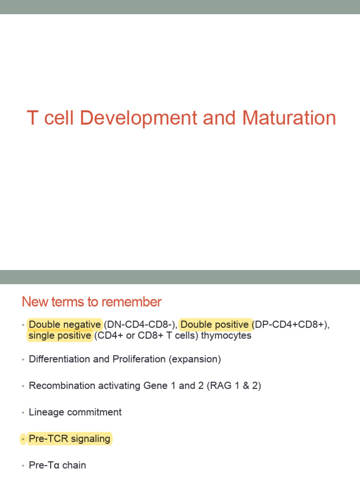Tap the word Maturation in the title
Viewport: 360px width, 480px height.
pyautogui.click(x=289, y=118)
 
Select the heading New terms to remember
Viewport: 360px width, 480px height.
pyautogui.click(x=92, y=302)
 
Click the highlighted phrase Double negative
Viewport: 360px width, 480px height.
pyautogui.click(x=65, y=324)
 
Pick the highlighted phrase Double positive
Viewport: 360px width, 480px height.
pyautogui.click(x=215, y=324)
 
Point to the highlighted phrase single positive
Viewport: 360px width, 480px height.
pyautogui.click(x=60, y=336)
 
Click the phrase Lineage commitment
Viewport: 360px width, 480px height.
pyautogui.click(x=75, y=412)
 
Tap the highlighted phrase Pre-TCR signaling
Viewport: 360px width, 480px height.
pyautogui.click(x=69, y=439)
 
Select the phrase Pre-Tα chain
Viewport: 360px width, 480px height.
pyautogui.click(x=57, y=465)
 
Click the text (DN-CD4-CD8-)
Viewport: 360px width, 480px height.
pyautogui.click(x=140, y=324)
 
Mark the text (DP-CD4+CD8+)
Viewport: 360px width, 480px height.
pyautogui.click(x=290, y=324)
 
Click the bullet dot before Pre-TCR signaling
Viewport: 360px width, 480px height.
pyautogui.click(x=22, y=439)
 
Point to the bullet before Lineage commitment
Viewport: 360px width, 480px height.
pyautogui.click(x=22, y=412)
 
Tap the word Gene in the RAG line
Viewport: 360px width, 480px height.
pyautogui.click(x=155, y=386)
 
